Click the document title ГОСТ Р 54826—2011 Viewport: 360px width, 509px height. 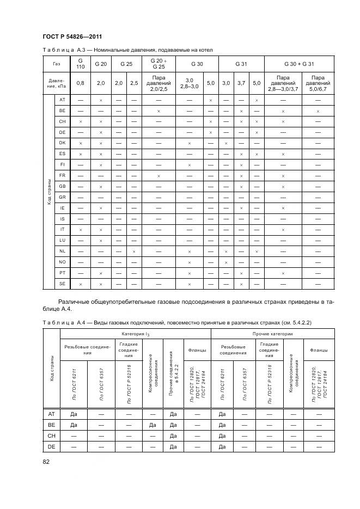click(71, 36)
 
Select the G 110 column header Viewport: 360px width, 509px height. click(80, 64)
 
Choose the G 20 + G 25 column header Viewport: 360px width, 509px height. click(158, 64)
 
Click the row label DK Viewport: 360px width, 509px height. click(62, 143)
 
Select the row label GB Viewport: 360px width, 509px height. click(62, 186)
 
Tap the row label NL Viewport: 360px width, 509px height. click(62, 251)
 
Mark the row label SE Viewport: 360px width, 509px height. click(62, 284)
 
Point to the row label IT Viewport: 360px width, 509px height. click(62, 229)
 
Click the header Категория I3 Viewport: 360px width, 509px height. click(135, 333)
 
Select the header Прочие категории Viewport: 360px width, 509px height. click(272, 333)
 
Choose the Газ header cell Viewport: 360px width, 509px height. click(57, 64)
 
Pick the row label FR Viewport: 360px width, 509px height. click(62, 175)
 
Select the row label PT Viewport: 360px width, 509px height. click(62, 273)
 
